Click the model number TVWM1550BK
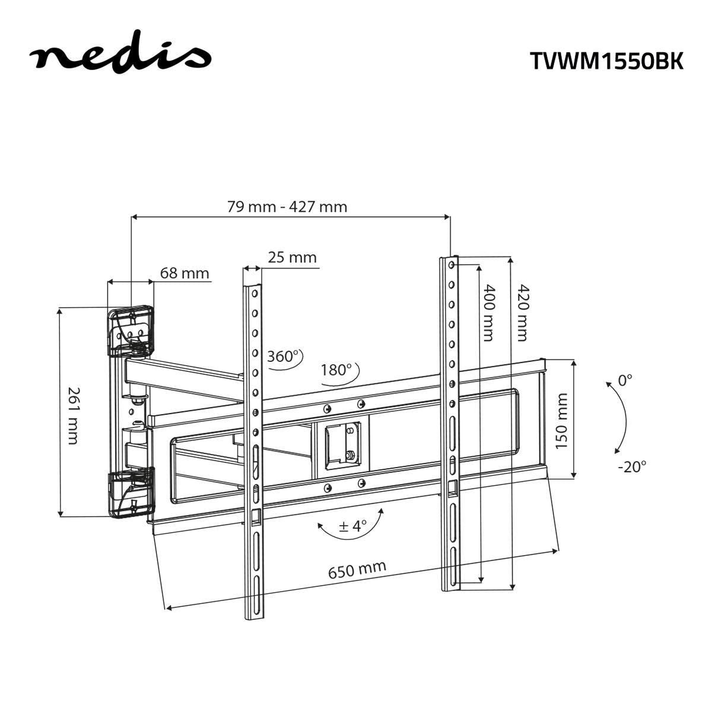pyautogui.click(x=606, y=61)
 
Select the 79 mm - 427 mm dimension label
pyautogui.click(x=287, y=206)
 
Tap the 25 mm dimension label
pyautogui.click(x=292, y=258)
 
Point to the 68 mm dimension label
pyautogui.click(x=185, y=273)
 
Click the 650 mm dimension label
pyautogui.click(x=357, y=570)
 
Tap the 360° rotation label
pyautogui.click(x=282, y=357)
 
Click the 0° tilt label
pyautogui.click(x=625, y=380)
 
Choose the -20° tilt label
pyautogui.click(x=631, y=466)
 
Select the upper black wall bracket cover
pyautogui.click(x=131, y=330)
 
